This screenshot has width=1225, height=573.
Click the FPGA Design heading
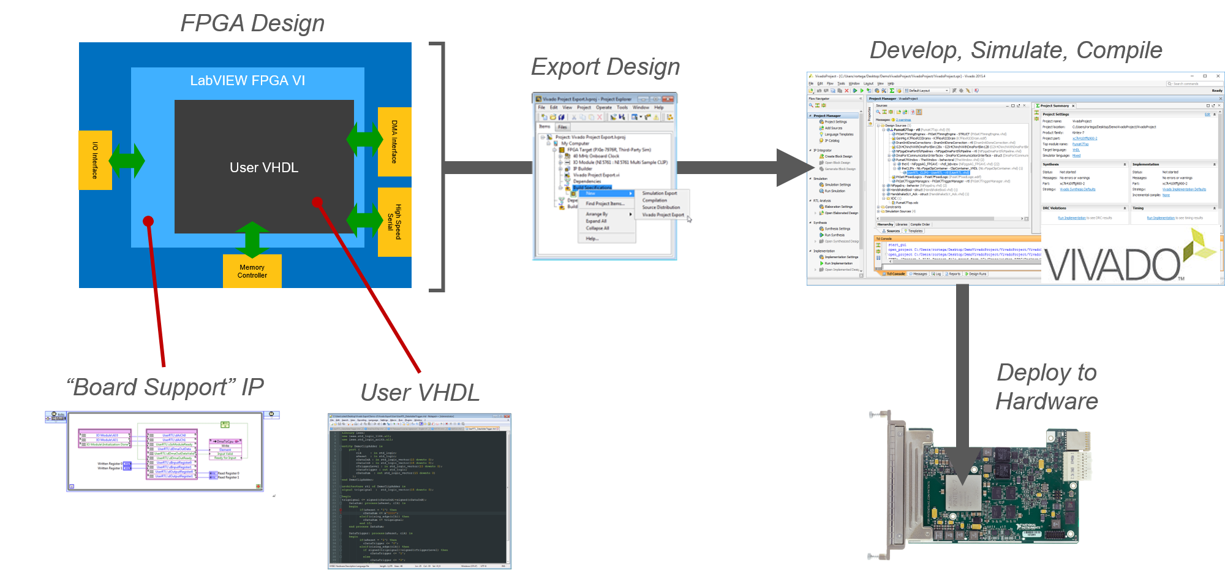click(252, 23)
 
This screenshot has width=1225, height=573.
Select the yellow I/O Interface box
click(95, 160)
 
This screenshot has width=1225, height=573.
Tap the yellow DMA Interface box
click(394, 142)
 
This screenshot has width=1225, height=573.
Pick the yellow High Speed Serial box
click(394, 221)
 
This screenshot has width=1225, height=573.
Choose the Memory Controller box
click(252, 271)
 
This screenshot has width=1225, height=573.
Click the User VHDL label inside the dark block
click(264, 167)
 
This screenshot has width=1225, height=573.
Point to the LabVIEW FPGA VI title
click(247, 81)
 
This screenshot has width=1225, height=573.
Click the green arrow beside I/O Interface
click(127, 161)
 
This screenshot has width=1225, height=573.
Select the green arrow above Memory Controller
click(252, 240)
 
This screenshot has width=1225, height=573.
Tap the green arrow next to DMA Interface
click(364, 140)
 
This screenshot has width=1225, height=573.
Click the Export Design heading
click(605, 67)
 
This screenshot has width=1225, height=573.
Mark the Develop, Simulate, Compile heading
click(1016, 50)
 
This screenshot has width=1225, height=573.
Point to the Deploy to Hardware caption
click(1047, 387)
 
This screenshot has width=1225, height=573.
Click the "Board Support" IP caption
click(165, 387)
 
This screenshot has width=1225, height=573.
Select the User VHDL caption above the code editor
click(420, 393)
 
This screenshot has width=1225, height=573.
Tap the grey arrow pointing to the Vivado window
click(793, 167)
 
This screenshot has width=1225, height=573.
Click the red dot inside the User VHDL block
click(317, 202)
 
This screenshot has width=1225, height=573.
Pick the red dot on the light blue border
click(148, 221)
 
